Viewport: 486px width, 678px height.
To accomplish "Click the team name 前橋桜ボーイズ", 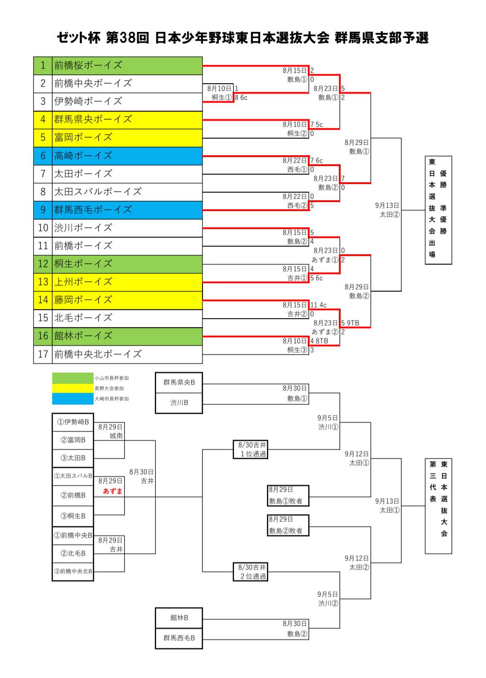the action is click(x=88, y=65).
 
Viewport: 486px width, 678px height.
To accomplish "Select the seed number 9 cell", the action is click(x=43, y=210).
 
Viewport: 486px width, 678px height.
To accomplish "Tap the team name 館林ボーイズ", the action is click(x=83, y=336).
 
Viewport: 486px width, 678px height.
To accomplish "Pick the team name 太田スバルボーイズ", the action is click(x=98, y=192).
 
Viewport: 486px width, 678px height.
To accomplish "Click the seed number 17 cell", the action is click(x=43, y=354).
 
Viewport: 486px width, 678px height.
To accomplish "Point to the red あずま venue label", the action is click(x=112, y=491).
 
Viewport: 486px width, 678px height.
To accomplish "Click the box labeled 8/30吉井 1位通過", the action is click(x=251, y=449).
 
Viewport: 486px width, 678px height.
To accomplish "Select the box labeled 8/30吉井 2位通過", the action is click(x=251, y=572).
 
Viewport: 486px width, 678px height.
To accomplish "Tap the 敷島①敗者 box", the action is click(x=288, y=496).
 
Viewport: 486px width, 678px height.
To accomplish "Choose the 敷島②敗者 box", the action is click(x=288, y=525).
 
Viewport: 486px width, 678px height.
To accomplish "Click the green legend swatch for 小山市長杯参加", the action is click(x=72, y=378).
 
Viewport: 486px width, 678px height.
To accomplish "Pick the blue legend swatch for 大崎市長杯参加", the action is click(x=72, y=398).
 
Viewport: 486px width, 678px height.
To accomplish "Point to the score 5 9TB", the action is click(x=350, y=323).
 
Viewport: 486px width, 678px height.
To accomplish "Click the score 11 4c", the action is click(x=318, y=305).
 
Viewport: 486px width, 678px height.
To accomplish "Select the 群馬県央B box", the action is click(x=179, y=383).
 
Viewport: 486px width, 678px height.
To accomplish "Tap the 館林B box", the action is click(x=179, y=618).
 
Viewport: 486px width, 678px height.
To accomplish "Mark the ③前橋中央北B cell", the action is click(x=73, y=571).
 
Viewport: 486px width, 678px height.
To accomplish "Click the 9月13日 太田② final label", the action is click(x=387, y=210).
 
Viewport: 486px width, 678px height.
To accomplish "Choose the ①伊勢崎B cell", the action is click(x=73, y=422).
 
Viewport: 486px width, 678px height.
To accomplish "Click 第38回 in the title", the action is click(x=127, y=38).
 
